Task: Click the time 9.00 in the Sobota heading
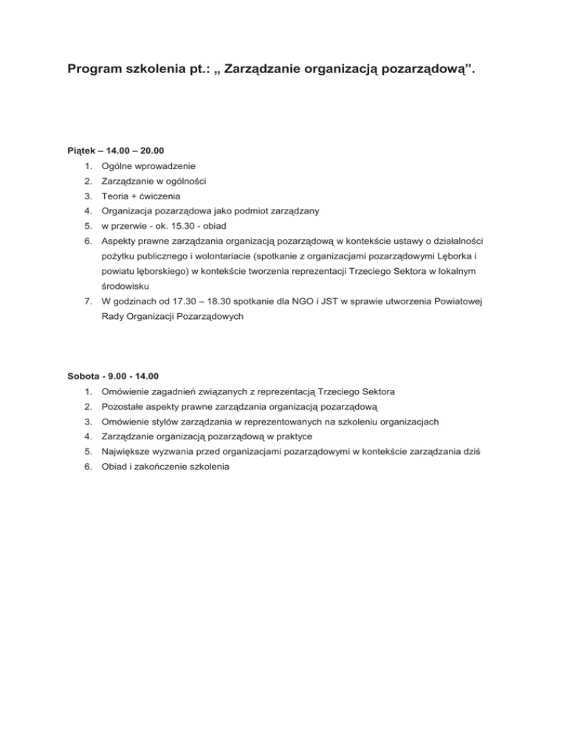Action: coord(122,375)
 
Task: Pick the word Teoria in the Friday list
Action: coord(117,196)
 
